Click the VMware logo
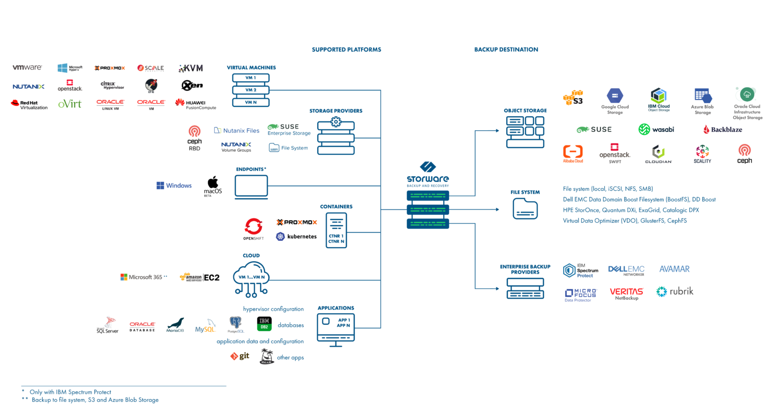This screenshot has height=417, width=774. click(x=27, y=68)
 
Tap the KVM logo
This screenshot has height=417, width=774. click(x=191, y=68)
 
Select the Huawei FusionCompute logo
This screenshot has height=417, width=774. click(x=195, y=104)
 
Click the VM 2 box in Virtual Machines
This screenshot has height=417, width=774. click(x=251, y=90)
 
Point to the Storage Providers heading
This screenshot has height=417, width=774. click(x=335, y=111)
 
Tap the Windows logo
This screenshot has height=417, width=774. click(x=174, y=186)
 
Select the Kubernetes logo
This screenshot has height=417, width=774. click(x=296, y=237)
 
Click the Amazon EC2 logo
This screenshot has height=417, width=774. click(x=199, y=277)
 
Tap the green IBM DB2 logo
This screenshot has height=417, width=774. click(x=264, y=324)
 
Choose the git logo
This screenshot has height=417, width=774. click(x=240, y=356)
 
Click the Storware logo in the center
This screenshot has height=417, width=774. click(x=427, y=174)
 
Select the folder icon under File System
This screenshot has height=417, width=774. click(x=525, y=209)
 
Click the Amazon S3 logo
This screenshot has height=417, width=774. click(x=573, y=97)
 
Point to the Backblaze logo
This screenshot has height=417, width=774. click(x=722, y=129)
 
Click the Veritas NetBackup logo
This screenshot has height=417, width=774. click(x=627, y=293)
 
